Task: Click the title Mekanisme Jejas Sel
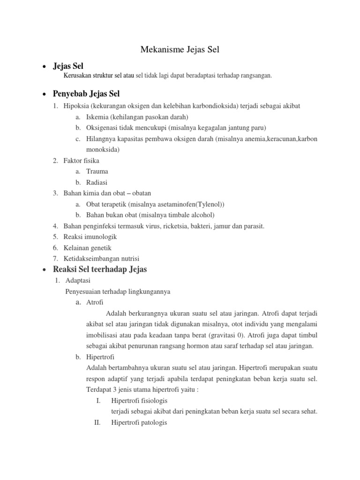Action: coord(180,50)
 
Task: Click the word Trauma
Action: coord(97,172)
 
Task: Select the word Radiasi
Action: coord(97,182)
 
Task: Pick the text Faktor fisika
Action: coord(81,160)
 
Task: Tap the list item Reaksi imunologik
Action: coord(90,237)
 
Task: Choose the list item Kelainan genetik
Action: coord(87,247)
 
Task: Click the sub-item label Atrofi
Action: coord(95,302)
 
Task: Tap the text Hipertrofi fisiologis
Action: coord(139,401)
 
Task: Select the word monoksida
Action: coord(103,150)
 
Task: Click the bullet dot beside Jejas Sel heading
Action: coord(44,67)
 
